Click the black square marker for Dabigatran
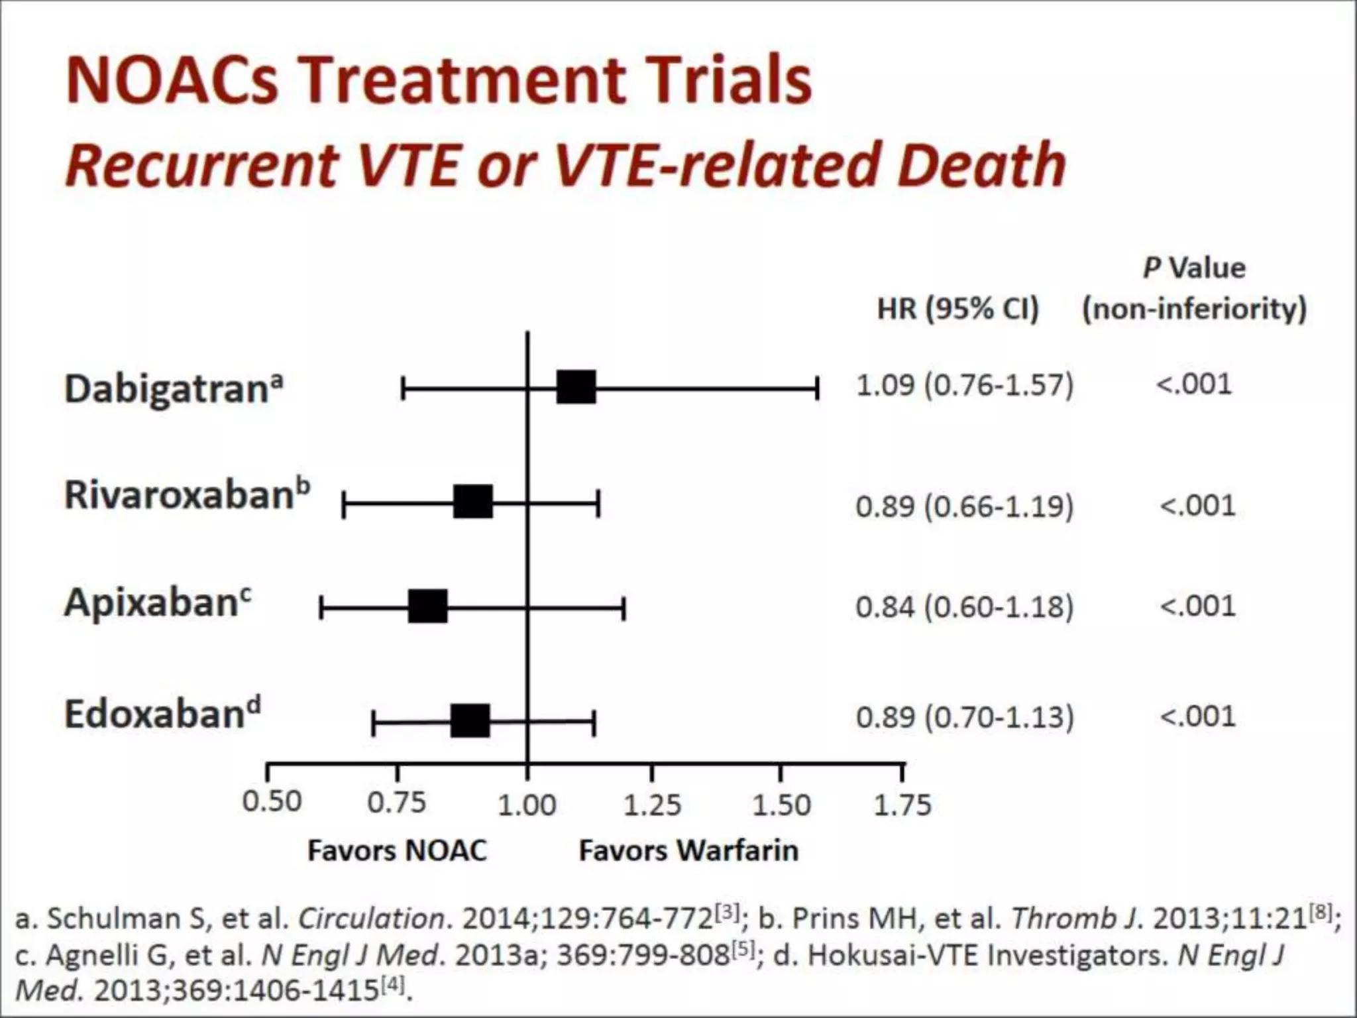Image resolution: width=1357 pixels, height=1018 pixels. tap(576, 387)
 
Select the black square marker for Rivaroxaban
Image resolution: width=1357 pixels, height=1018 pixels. tap(473, 501)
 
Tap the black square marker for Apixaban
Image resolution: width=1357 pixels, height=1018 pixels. tap(427, 606)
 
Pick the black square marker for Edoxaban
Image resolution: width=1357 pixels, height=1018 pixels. tap(470, 721)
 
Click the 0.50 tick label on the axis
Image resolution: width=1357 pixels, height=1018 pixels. tap(272, 802)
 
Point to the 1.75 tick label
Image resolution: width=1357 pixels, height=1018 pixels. tap(902, 805)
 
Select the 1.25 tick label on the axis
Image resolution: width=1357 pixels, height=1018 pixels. tap(652, 805)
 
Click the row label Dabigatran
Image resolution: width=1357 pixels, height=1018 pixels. tap(174, 389)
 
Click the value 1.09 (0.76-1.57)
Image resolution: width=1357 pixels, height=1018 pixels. tap(964, 385)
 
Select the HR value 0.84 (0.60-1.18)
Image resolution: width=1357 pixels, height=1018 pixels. tap(964, 606)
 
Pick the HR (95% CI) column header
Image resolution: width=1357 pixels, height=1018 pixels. tap(957, 309)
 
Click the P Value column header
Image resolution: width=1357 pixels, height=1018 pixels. tap(1194, 268)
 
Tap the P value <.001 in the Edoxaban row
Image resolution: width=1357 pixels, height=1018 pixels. tap(1197, 716)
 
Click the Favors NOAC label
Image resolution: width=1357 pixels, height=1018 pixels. tap(397, 851)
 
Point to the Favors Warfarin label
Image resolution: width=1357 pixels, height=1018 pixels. tap(688, 851)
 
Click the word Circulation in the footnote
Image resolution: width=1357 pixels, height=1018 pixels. tap(371, 919)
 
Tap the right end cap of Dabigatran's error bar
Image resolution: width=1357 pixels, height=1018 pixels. tap(818, 388)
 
